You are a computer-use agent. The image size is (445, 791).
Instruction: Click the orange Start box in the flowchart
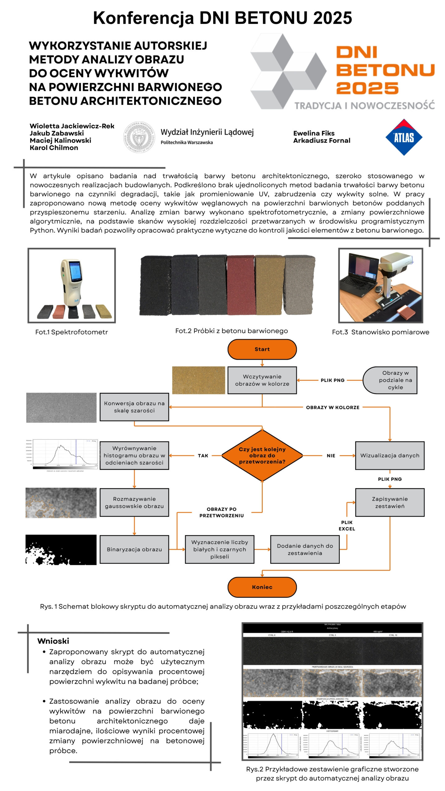click(262, 349)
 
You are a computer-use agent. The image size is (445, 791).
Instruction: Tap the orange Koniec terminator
click(262, 587)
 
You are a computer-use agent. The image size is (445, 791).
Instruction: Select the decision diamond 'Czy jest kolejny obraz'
click(262, 455)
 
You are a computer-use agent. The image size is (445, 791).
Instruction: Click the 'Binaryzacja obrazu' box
click(134, 549)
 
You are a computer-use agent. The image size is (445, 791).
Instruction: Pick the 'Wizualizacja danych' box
click(389, 455)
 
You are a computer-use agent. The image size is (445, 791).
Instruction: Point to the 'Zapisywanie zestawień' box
click(389, 502)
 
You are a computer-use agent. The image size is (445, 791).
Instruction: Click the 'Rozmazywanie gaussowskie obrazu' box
click(134, 502)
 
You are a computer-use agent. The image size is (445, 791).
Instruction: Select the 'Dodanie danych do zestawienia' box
click(305, 549)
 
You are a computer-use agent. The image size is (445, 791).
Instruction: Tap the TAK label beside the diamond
click(203, 455)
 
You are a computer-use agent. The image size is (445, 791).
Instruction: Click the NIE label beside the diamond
click(331, 455)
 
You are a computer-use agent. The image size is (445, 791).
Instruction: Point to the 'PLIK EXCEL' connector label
click(346, 525)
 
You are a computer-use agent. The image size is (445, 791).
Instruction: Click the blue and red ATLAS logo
click(404, 137)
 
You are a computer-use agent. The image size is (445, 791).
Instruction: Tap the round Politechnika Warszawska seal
click(139, 137)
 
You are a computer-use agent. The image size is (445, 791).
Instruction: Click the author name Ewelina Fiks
click(314, 133)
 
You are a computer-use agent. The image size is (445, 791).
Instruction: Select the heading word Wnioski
click(53, 641)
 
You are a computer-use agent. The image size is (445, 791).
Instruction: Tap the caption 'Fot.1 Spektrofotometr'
click(71, 332)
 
